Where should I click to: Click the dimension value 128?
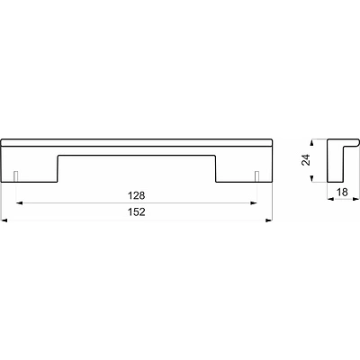pos(137,195)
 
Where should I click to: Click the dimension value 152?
pos(137,212)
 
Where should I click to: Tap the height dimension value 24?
pos(305,159)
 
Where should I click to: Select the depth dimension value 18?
pos(342,192)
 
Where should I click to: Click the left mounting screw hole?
pos(16,176)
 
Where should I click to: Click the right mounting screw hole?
pos(256,176)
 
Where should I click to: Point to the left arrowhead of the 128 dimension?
pos(20,203)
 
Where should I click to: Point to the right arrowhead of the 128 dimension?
pos(254,203)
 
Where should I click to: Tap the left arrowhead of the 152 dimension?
pos(4,220)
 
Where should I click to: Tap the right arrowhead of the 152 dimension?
pos(269,220)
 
